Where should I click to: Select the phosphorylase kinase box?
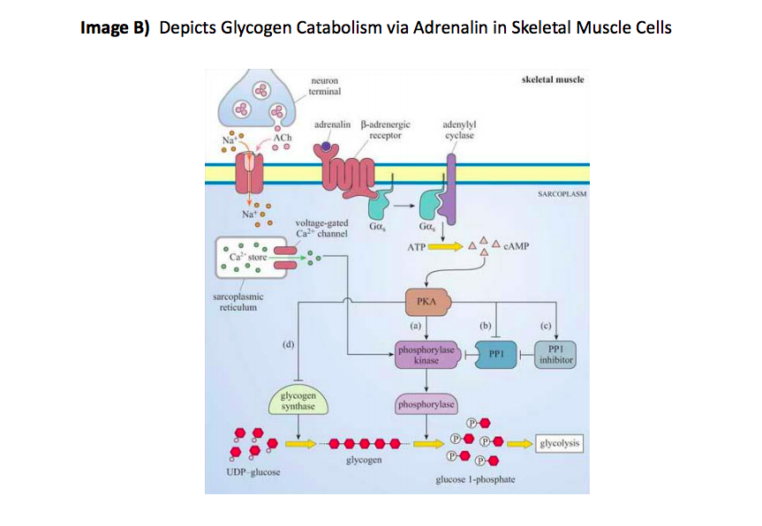(x=426, y=356)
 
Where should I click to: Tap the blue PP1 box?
(x=495, y=355)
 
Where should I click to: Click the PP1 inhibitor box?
(x=556, y=355)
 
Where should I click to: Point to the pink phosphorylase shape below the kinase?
(x=427, y=405)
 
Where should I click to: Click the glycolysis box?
(x=558, y=443)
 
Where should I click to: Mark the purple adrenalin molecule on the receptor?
(x=326, y=147)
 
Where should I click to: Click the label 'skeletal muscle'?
(x=553, y=80)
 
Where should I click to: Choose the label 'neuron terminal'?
(x=325, y=86)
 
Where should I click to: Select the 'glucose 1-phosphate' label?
(x=475, y=480)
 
